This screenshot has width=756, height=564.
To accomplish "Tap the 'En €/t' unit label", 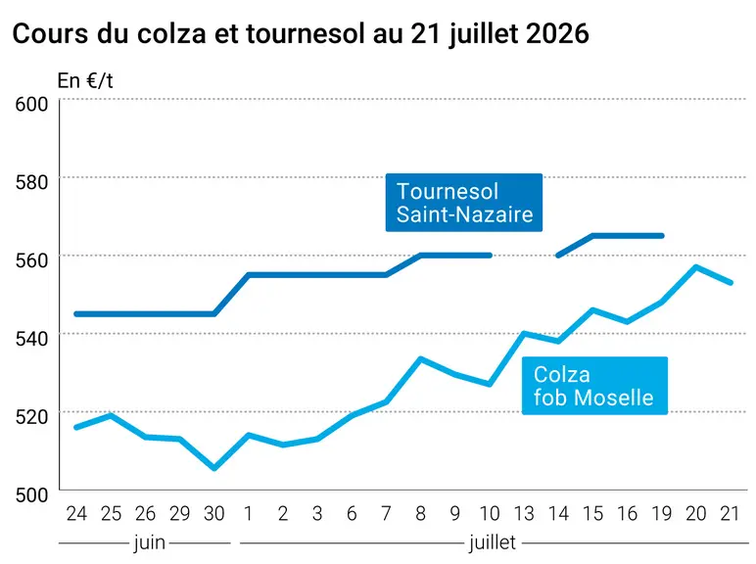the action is [85, 81].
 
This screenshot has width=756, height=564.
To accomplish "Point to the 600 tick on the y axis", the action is [31, 104].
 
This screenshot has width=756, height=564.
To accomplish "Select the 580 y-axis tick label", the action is [31, 182].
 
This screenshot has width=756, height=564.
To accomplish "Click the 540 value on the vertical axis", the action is [31, 339].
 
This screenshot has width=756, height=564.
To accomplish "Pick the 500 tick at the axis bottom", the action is [31, 494].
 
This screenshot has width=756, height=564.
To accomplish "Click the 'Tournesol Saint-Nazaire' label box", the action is [464, 203].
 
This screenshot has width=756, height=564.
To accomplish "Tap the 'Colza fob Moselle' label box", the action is [594, 386].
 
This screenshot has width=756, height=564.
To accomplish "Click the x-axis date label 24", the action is [76, 514].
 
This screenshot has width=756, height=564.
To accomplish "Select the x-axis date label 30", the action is [214, 514].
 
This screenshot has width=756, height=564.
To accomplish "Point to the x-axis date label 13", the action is [524, 514].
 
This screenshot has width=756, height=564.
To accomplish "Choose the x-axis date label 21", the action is [730, 514].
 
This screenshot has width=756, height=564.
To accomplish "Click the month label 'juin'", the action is [150, 543].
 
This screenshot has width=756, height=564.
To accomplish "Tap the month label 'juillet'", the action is [493, 543].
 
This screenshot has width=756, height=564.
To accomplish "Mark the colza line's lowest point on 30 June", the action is [214, 468].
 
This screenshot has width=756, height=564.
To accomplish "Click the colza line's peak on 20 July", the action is [695, 266].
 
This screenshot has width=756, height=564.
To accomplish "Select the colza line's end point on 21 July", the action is [731, 282].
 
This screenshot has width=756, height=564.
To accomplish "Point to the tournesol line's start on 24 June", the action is [76, 314].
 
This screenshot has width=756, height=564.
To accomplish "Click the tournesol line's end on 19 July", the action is [662, 236].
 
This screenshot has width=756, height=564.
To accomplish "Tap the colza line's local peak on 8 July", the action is [420, 358].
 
